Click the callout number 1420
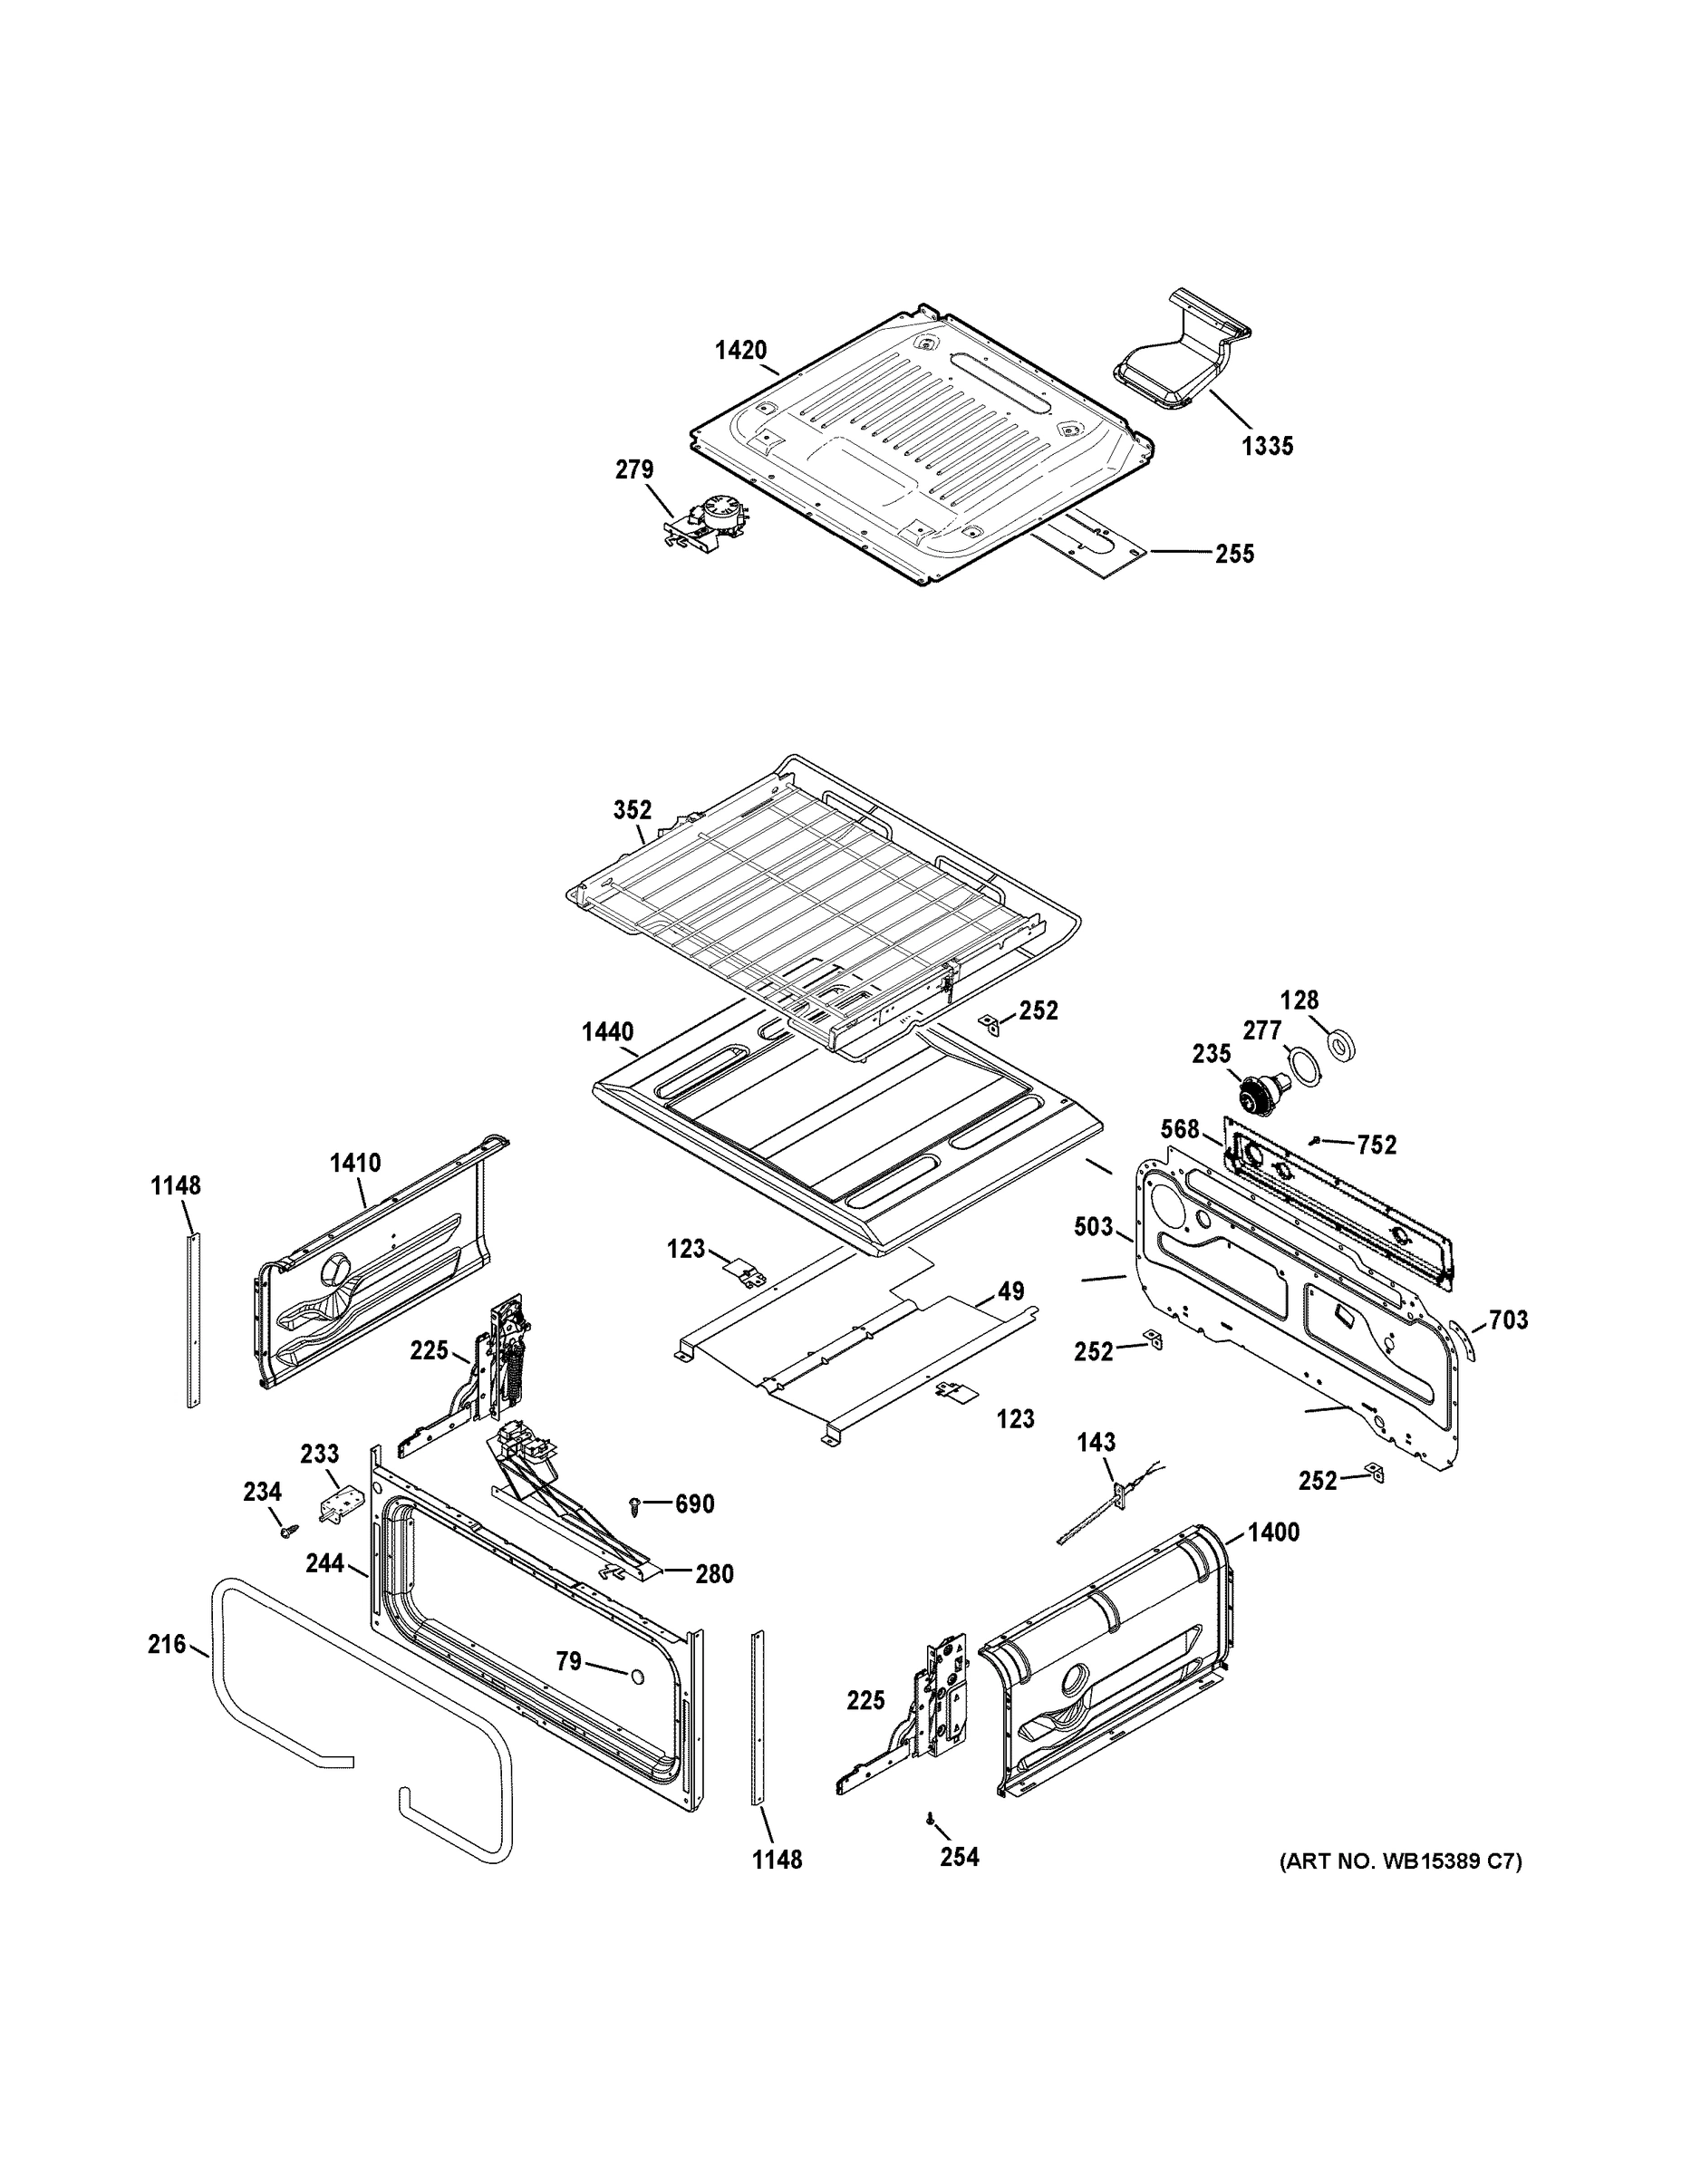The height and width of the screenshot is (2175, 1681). click(x=741, y=351)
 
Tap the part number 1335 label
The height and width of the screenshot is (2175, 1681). click(x=1267, y=447)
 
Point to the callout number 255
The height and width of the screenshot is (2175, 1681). click(x=1235, y=555)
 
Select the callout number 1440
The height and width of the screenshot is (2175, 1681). click(x=607, y=1031)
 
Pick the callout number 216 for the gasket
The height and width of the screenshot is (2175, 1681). click(x=167, y=1644)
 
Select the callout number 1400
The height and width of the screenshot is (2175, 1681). click(x=1272, y=1532)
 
